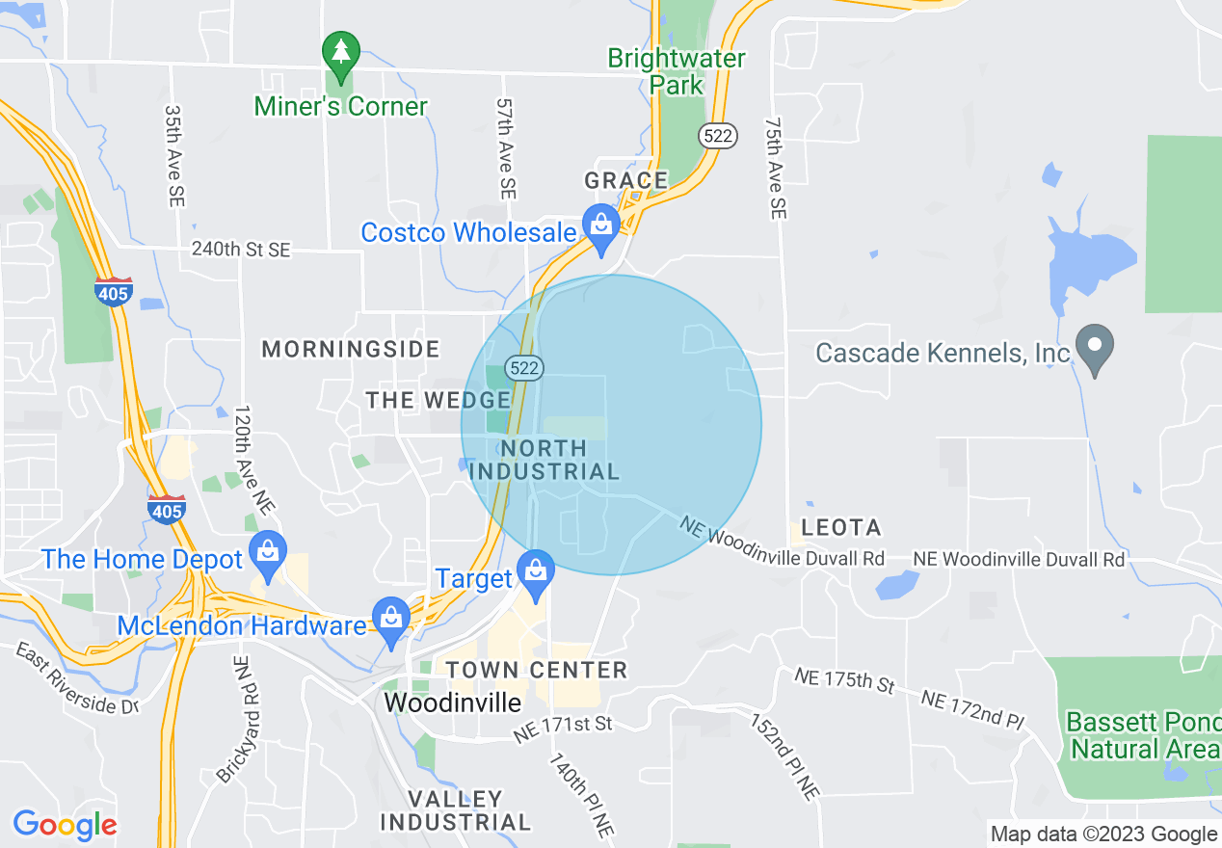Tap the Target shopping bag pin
(535, 571)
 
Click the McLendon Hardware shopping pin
(390, 619)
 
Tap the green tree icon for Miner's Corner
(340, 54)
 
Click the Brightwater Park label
(676, 71)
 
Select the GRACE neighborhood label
(626, 180)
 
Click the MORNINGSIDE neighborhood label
(351, 349)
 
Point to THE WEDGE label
(438, 400)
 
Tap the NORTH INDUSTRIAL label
(544, 460)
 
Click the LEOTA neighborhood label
(841, 527)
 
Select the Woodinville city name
(452, 702)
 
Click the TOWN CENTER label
(536, 670)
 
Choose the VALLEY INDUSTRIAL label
(455, 810)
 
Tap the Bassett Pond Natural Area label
(1143, 735)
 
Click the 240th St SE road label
(241, 251)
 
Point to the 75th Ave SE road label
(775, 169)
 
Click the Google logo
(65, 825)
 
